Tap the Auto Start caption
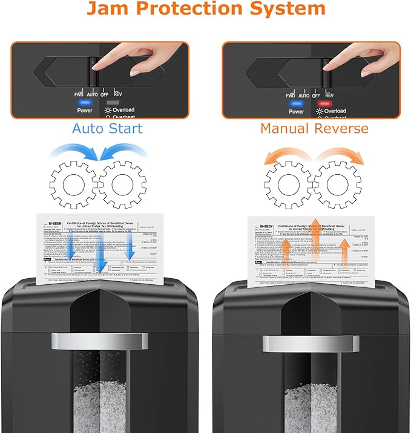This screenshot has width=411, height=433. (x=107, y=128)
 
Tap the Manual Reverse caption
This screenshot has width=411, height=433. (x=314, y=128)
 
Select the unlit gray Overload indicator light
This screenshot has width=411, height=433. (x=112, y=102)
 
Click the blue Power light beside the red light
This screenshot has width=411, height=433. (x=296, y=103)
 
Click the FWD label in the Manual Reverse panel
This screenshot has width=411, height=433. (x=291, y=96)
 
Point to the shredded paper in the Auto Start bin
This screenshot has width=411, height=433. (x=99, y=405)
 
